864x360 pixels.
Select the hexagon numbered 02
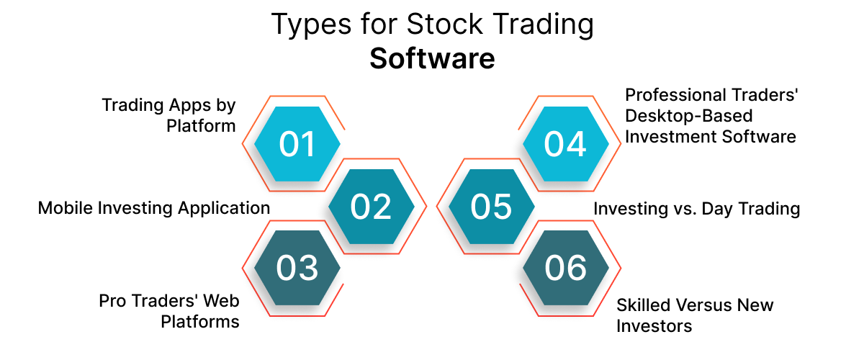371,207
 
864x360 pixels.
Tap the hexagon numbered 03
298,268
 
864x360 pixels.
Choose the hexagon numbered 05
492,207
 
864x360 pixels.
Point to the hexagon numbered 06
565,268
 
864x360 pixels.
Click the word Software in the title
432,59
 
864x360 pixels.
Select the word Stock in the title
438,25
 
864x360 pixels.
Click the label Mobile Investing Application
154,209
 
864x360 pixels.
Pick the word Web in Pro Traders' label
222,300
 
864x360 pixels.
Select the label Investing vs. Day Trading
697,209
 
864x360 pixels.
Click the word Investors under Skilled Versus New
654,325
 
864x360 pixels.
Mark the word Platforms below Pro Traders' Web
200,321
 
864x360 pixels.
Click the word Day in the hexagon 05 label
727,210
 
